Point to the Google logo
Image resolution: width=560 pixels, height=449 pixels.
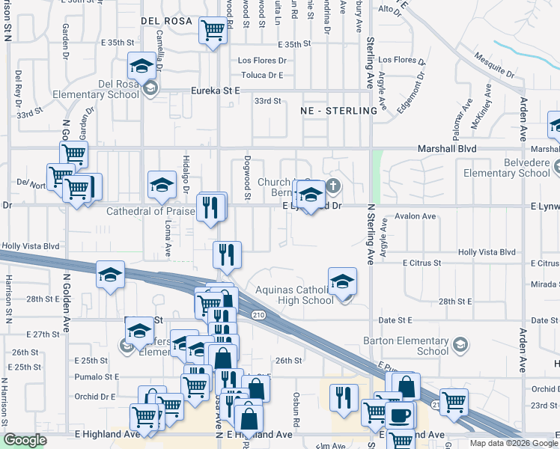[x=25, y=440]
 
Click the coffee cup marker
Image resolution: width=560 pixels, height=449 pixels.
[x=399, y=415]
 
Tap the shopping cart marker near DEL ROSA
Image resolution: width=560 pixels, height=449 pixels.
[x=213, y=31]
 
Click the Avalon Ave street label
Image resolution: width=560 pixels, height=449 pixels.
[x=419, y=216]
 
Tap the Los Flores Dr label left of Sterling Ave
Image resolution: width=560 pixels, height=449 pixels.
[x=262, y=60]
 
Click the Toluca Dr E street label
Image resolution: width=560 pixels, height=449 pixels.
[x=262, y=75]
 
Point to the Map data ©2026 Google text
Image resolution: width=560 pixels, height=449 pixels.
[x=514, y=442]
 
